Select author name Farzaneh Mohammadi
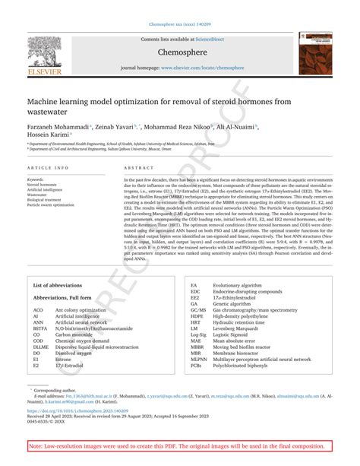click(55, 128)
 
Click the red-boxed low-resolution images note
click(181, 446)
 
